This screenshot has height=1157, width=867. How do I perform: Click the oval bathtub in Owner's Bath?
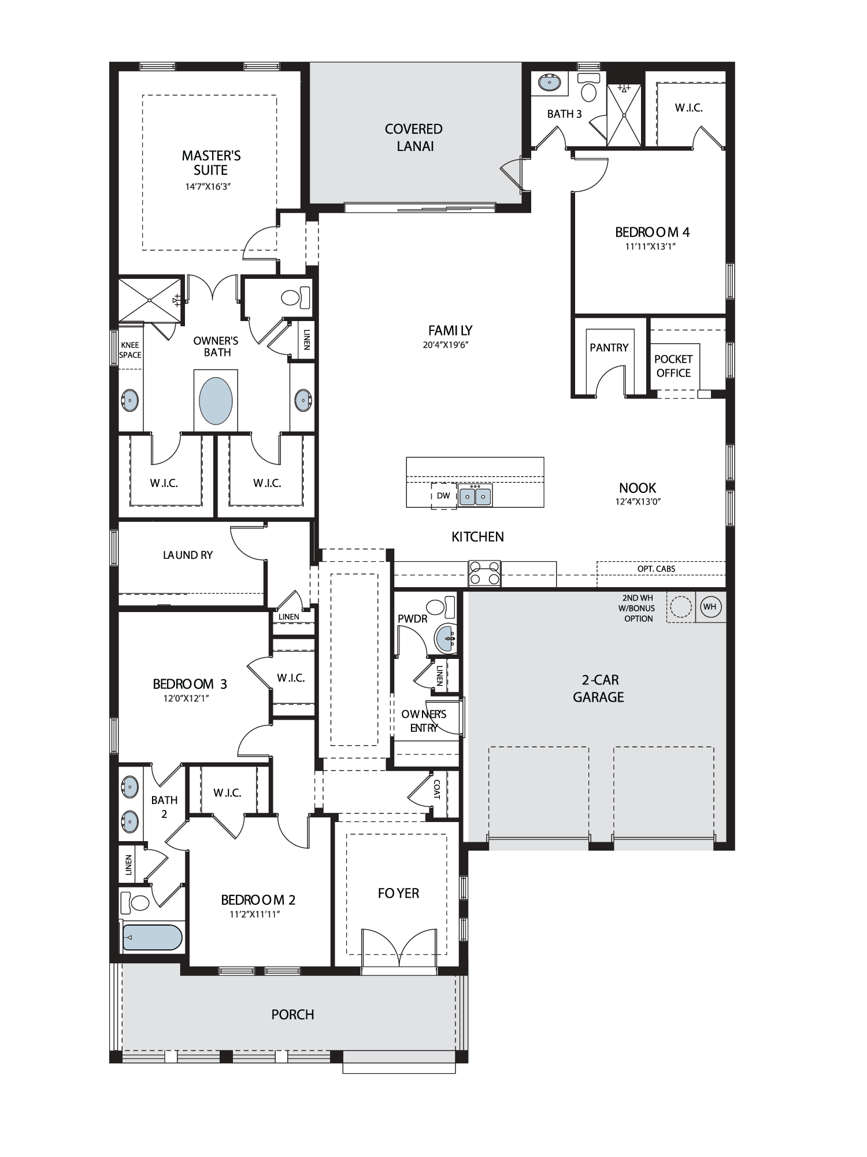point(216,401)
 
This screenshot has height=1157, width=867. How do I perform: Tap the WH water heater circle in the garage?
point(710,607)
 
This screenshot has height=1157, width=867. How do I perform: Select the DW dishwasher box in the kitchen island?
point(443,496)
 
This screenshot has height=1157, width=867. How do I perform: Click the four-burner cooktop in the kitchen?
point(484,573)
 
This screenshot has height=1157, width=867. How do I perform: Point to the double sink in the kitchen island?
point(475,496)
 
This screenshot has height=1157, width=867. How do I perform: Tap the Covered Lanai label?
point(414,138)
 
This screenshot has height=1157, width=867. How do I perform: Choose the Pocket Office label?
point(673,366)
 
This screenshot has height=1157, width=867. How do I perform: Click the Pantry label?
point(609,348)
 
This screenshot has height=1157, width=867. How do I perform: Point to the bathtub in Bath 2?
point(153,937)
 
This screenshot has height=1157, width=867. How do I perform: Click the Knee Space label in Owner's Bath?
point(130,350)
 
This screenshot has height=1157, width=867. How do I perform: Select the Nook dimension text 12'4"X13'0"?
point(638,502)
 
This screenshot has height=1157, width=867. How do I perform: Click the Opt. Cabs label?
point(656,569)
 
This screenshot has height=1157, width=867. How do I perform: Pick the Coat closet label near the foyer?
point(437,789)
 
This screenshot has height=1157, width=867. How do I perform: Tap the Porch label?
point(292,1014)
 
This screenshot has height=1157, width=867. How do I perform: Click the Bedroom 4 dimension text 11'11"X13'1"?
point(651,246)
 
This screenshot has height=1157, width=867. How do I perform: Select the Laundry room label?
point(188,555)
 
